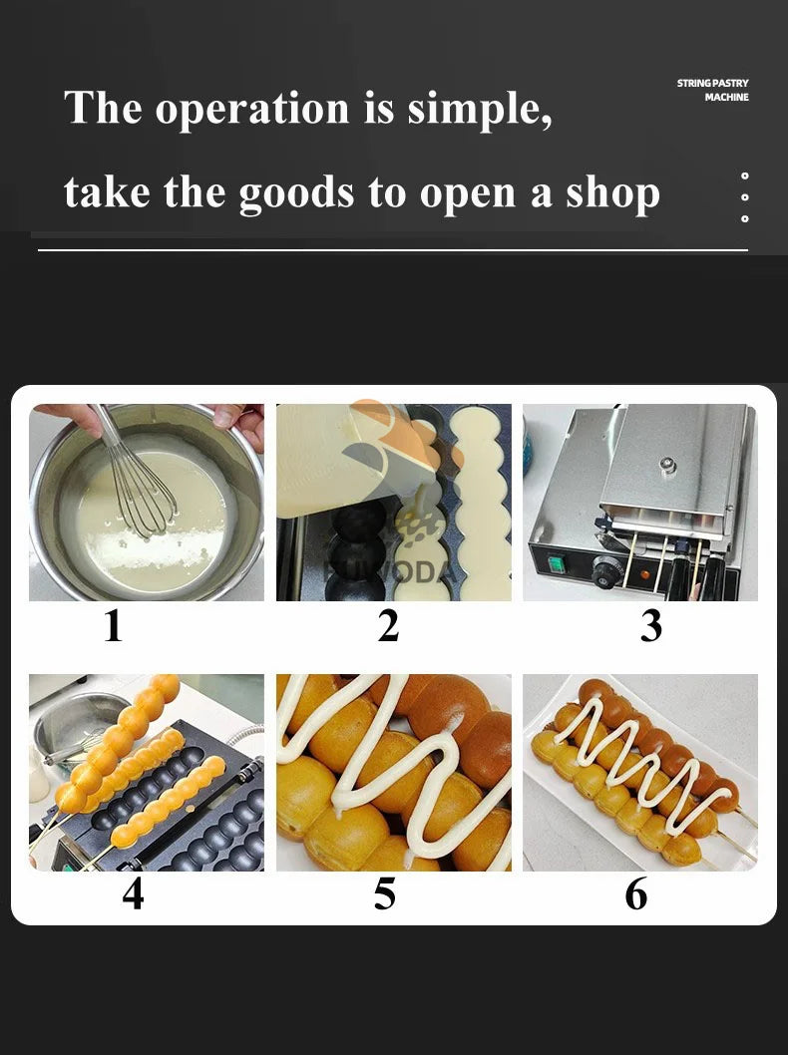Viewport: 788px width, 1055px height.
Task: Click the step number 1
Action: (113, 626)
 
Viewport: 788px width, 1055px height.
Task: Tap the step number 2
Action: (388, 626)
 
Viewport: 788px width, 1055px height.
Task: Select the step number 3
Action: (650, 626)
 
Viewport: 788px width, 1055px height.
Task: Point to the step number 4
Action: (133, 893)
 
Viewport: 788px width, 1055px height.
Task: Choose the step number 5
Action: (385, 893)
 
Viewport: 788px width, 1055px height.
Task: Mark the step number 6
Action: (636, 893)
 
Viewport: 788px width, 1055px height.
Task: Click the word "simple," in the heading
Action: (480, 109)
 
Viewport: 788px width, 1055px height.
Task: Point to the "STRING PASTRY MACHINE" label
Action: (712, 90)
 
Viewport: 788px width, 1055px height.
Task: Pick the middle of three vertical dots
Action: (745, 196)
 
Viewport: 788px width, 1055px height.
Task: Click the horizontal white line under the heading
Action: (392, 249)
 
